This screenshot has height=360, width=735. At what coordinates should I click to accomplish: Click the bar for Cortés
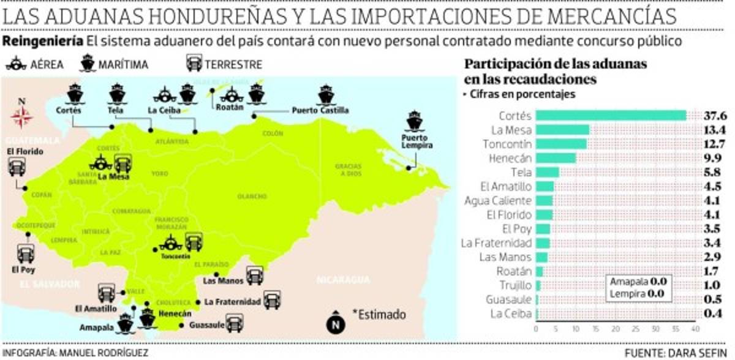611,116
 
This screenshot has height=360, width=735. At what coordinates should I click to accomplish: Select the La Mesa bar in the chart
562,130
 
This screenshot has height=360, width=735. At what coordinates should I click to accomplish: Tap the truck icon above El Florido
17,167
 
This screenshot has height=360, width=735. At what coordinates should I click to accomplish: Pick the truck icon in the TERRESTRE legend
194,64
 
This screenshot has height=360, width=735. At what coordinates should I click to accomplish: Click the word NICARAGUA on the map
343,280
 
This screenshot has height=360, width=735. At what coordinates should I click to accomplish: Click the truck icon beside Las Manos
255,277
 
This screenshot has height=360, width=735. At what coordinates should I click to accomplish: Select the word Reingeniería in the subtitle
43,42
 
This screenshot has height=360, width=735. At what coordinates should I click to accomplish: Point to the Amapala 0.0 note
638,282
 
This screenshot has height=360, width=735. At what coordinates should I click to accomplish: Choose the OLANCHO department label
251,196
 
